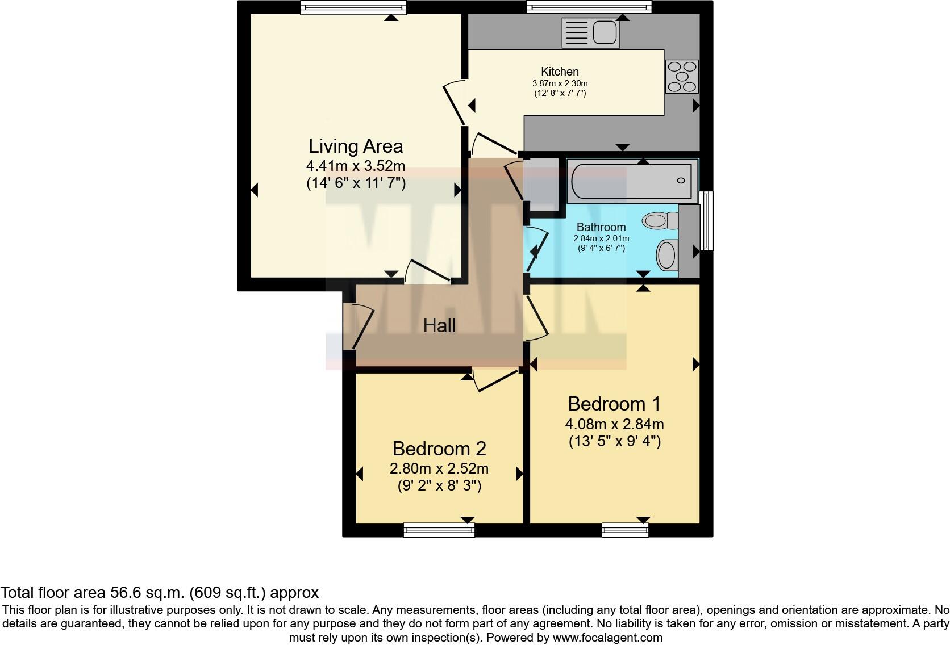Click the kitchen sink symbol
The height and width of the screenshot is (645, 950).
pyautogui.click(x=590, y=32)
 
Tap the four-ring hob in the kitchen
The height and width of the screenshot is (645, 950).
pyautogui.click(x=682, y=77)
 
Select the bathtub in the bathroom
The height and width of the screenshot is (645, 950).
pyautogui.click(x=632, y=181)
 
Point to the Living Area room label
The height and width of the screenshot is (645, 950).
pyautogui.click(x=356, y=146)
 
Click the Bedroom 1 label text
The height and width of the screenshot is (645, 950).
pyautogui.click(x=614, y=404)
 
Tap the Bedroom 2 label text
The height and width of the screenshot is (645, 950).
pyautogui.click(x=439, y=449)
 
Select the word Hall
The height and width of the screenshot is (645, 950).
pyautogui.click(x=439, y=325)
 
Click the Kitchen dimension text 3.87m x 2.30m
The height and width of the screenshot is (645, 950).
pyautogui.click(x=560, y=83)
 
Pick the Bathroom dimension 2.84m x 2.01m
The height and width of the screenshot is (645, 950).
pyautogui.click(x=601, y=238)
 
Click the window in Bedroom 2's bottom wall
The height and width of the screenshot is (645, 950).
pyautogui.click(x=439, y=530)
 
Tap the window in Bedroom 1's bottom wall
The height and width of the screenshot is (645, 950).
pyautogui.click(x=625, y=530)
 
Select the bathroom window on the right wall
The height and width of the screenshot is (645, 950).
pyautogui.click(x=707, y=221)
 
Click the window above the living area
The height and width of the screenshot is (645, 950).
pyautogui.click(x=353, y=7)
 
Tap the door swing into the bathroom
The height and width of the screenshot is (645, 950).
pyautogui.click(x=537, y=249)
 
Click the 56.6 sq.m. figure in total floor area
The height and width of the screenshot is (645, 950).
pyautogui.click(x=145, y=593)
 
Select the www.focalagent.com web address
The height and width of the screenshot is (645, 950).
pyautogui.click(x=607, y=638)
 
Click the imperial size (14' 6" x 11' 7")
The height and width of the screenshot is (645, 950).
pyautogui.click(x=356, y=183)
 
